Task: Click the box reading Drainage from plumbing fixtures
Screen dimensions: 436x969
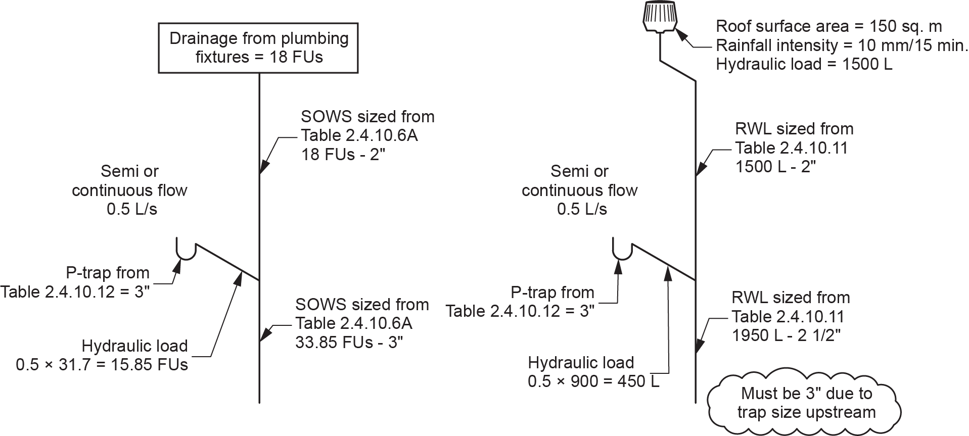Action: point(258,48)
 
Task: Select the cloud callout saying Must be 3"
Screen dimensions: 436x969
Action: point(806,403)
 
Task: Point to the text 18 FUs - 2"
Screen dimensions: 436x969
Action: point(343,154)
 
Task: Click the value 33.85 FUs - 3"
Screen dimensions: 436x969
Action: point(349,342)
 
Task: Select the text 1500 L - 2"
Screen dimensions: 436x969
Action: point(775,167)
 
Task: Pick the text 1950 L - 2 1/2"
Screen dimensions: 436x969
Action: point(786,335)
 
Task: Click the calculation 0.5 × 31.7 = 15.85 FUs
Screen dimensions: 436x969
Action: point(102,365)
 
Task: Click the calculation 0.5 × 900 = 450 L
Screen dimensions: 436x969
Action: point(593,381)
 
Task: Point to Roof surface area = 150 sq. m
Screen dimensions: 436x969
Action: point(829,26)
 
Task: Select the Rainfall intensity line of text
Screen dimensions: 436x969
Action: point(842,45)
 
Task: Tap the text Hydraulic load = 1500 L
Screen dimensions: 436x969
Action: point(804,65)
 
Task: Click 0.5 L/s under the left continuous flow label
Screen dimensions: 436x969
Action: point(132,209)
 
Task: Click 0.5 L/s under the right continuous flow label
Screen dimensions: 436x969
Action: point(582,209)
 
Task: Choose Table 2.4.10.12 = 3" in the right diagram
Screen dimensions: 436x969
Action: point(520,311)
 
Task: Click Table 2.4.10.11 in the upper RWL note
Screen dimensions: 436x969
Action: point(791,148)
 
